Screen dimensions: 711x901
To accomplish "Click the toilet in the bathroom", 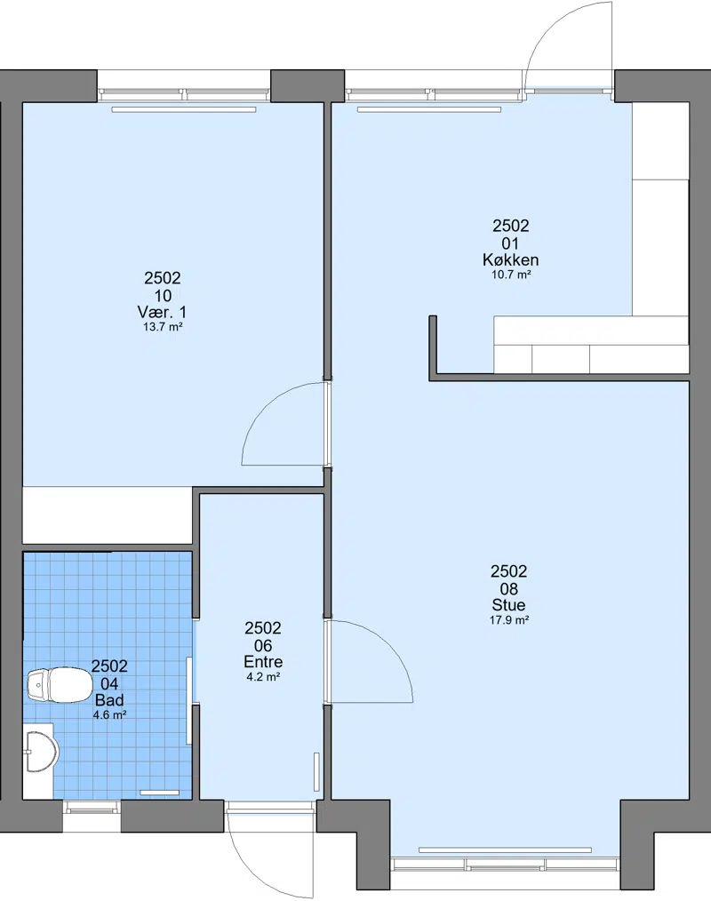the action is (60, 685).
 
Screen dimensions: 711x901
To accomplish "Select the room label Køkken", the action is (510, 259).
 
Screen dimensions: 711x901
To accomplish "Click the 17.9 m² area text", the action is (508, 620).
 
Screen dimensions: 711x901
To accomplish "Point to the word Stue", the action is (508, 604).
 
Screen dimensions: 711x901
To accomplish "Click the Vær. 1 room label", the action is (162, 312).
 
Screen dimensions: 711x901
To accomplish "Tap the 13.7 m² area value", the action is (163, 327).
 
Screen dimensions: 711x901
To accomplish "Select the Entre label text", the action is (263, 661).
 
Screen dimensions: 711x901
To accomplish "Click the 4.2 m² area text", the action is (263, 677).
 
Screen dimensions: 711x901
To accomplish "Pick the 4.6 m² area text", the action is (109, 715).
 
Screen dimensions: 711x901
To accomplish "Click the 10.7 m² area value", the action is (510, 275).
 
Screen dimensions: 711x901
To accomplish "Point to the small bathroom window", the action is (92, 809).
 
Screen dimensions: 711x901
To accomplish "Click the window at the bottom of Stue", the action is (505, 865).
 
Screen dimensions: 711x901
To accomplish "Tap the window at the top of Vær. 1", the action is (183, 92).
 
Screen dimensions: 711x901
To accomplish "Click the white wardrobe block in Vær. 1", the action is (107, 514).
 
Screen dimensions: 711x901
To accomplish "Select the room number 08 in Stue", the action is (508, 588).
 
